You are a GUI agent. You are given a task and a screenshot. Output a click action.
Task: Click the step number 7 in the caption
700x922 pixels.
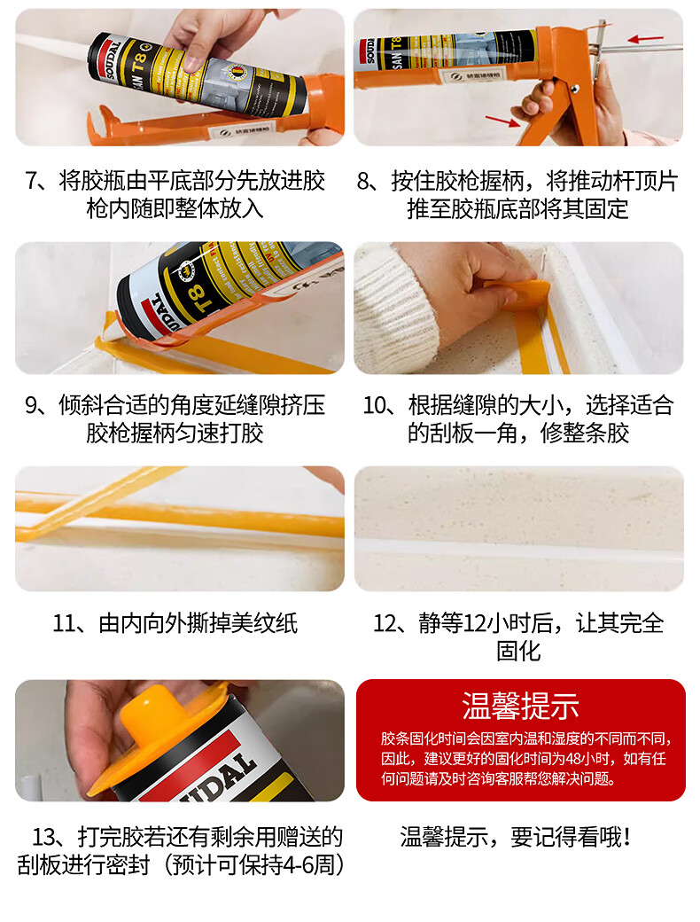32,181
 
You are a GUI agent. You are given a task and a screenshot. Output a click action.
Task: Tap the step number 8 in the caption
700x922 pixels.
364,181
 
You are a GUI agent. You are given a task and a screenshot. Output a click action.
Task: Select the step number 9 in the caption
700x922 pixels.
32,405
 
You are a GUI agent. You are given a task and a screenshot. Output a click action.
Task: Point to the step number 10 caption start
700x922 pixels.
375,405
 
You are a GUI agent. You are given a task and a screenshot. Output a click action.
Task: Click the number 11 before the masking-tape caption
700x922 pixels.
65,623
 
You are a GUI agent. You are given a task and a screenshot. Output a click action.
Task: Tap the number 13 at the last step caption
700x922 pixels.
44,837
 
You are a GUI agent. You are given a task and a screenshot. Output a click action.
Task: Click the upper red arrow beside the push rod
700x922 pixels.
645,39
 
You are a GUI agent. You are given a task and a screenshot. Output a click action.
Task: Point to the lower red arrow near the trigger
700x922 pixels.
503,120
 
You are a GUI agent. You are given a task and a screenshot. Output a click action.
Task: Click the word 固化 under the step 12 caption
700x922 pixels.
518,652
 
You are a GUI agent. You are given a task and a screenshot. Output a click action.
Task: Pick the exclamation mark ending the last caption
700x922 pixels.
628,837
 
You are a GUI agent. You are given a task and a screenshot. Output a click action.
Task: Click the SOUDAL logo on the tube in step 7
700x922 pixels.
113,59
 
